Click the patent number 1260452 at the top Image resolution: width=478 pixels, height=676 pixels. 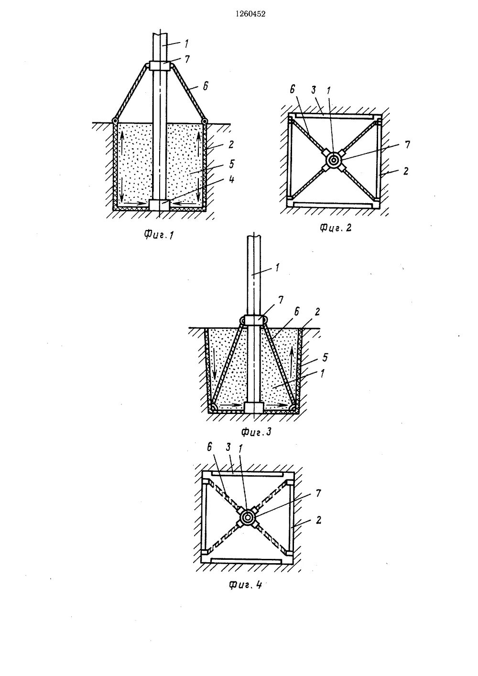click(x=239, y=14)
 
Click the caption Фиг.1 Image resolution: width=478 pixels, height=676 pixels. click(x=158, y=234)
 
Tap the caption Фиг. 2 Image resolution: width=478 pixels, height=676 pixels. click(x=336, y=228)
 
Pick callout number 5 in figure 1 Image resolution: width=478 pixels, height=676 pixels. click(x=218, y=163)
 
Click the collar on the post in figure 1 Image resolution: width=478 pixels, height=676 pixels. click(x=160, y=66)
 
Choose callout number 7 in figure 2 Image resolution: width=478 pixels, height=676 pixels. click(x=407, y=144)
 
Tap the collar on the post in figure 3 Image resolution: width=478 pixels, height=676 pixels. click(x=253, y=320)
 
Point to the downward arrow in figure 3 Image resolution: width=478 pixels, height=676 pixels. click(x=213, y=368)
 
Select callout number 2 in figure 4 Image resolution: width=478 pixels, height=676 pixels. click(x=318, y=520)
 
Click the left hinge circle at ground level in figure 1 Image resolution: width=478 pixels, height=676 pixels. click(x=115, y=120)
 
